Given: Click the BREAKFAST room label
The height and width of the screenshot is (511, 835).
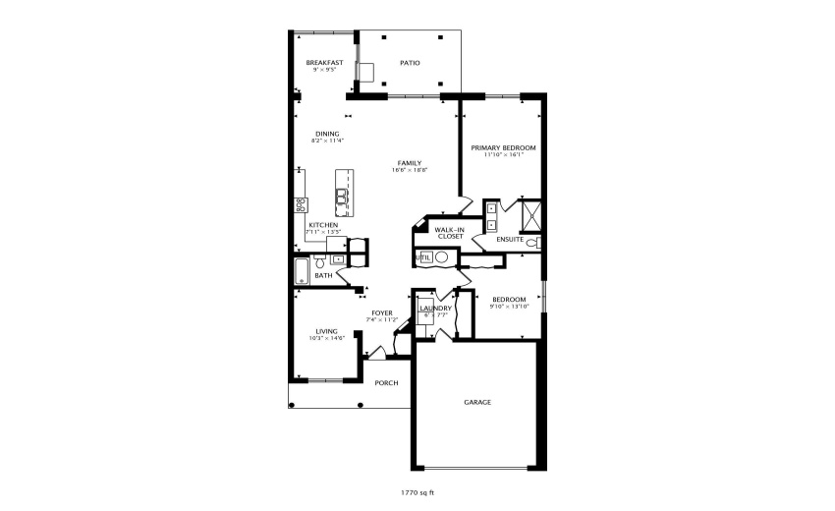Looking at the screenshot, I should [324, 63].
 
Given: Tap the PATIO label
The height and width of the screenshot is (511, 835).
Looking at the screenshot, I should [410, 63].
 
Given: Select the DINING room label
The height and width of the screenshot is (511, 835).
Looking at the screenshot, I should [327, 134].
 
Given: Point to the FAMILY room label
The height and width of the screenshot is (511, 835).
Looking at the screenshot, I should [410, 163].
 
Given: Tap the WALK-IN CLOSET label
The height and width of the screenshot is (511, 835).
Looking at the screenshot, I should [450, 233].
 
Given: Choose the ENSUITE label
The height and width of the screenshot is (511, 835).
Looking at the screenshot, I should [509, 239].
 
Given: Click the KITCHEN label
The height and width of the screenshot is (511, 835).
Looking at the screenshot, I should [323, 225].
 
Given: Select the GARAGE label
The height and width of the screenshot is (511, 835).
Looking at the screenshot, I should [477, 402].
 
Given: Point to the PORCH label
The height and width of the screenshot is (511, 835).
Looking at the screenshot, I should [386, 382].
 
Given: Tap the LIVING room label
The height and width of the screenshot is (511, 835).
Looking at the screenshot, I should [326, 331].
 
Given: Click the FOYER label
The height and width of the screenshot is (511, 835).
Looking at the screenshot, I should [381, 313].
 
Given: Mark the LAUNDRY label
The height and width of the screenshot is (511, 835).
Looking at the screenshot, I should [435, 309].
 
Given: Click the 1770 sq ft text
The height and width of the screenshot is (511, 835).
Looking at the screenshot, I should [417, 490].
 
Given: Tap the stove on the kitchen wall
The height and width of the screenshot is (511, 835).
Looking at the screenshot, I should [301, 204].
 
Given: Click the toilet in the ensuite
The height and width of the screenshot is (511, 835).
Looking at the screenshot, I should [531, 242].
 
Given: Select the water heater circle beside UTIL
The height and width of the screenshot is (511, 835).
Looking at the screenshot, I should [442, 257].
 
